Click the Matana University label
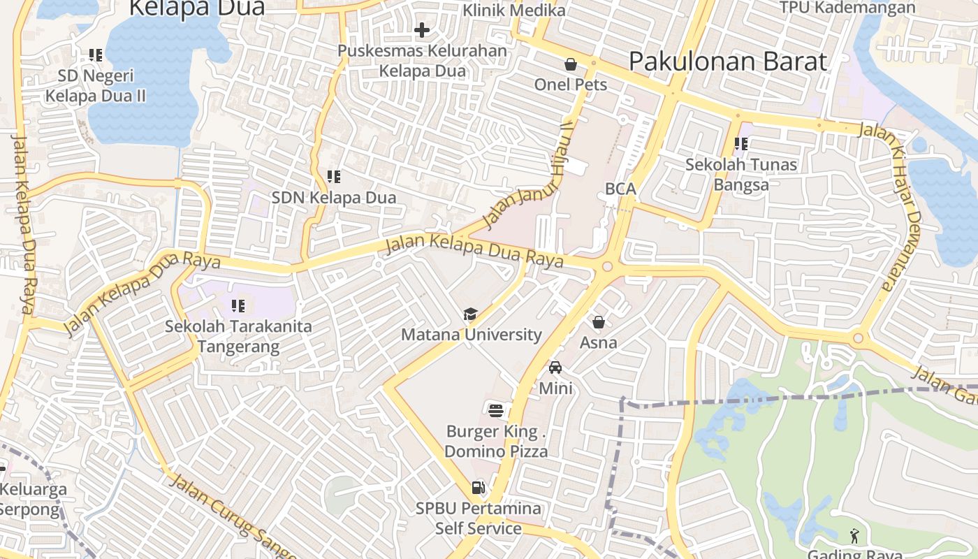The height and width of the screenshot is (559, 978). tap(471, 335)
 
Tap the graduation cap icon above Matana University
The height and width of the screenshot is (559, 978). tap(471, 314)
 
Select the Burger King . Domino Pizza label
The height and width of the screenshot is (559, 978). tap(496, 441)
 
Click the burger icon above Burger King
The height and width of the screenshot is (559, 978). tap(496, 409)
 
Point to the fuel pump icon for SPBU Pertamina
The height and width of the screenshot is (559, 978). tap(479, 487)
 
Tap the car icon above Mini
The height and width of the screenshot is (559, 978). tap(555, 368)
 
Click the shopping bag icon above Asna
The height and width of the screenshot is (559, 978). tap(599, 322)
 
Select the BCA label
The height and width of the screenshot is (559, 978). tap(620, 189)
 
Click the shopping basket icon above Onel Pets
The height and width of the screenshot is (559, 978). tap(571, 64)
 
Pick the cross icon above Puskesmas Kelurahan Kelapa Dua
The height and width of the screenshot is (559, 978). tap(422, 30)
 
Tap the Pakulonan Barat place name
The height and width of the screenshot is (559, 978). tap(728, 61)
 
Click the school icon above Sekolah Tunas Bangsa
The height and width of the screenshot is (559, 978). tap(741, 145)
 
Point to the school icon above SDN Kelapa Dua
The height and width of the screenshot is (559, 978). tap(334, 177)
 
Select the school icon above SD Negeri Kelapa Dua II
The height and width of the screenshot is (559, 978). tap(96, 55)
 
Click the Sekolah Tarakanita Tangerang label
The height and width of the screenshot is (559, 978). tap(238, 336)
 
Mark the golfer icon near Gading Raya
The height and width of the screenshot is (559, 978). tap(854, 536)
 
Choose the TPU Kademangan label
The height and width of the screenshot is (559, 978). tap(847, 8)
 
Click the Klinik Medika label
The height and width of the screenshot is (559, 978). tap(513, 10)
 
